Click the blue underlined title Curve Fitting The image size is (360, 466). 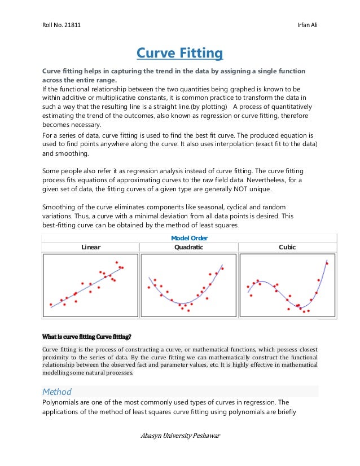(x=180, y=54)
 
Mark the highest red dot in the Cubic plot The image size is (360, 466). (x=327, y=263)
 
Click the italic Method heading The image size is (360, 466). (x=57, y=392)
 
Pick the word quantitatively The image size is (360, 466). (x=288, y=107)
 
